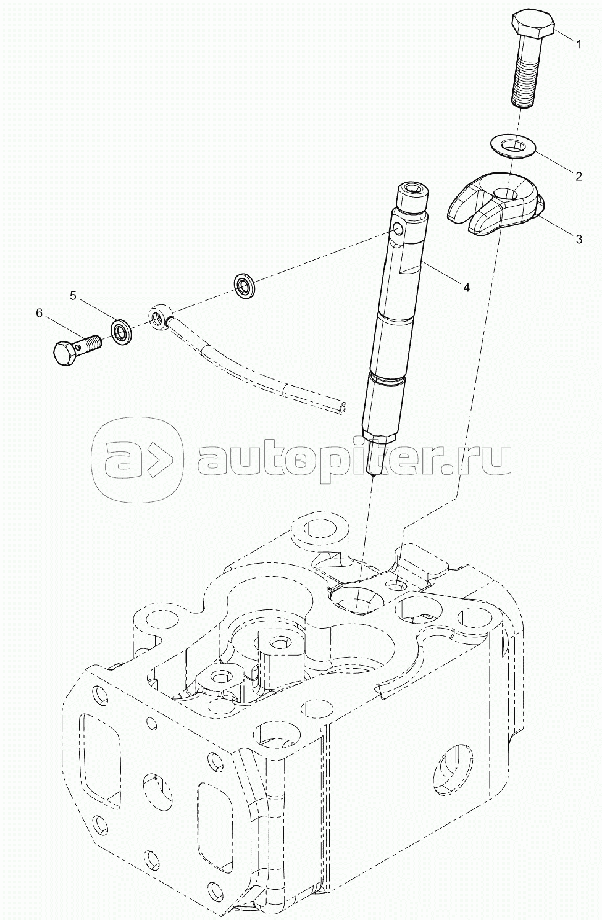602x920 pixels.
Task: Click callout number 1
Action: (x=579, y=44)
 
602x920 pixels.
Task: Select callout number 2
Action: (x=579, y=177)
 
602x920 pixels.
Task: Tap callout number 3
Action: (x=579, y=240)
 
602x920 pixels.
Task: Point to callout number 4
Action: (x=467, y=287)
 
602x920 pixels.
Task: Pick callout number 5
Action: (x=73, y=296)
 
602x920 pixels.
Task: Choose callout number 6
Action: (x=40, y=314)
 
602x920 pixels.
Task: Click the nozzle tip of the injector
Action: (x=372, y=469)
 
